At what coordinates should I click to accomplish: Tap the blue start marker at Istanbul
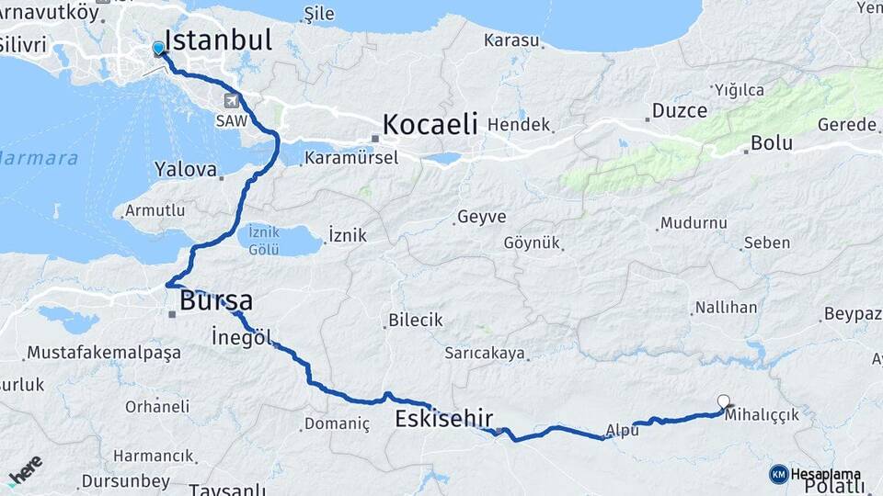click(158, 49)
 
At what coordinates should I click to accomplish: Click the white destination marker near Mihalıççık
click(724, 400)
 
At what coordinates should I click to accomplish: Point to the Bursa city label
click(216, 300)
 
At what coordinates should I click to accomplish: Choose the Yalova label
click(186, 170)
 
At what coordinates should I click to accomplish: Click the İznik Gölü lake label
click(263, 241)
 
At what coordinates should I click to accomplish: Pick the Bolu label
click(772, 143)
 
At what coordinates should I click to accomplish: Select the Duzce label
click(680, 111)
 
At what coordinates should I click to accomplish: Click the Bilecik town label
click(416, 321)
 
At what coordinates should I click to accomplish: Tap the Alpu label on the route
click(623, 430)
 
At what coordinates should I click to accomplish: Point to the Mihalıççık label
click(763, 415)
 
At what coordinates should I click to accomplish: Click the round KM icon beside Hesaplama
click(778, 474)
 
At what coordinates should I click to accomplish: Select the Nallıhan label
click(726, 308)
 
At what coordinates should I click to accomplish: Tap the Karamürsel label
click(353, 157)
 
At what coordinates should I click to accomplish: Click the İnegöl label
click(242, 337)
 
